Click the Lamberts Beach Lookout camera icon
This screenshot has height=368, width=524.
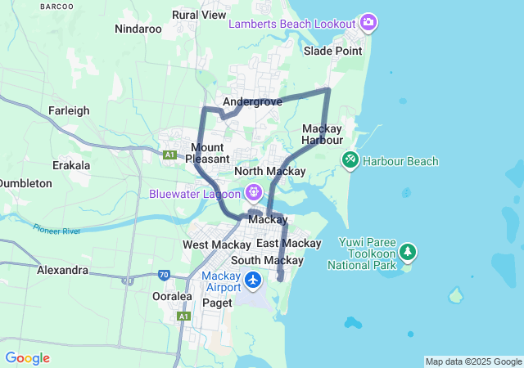[x=368, y=22]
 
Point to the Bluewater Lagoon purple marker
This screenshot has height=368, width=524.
[x=254, y=193]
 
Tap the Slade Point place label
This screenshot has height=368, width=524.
[x=332, y=51]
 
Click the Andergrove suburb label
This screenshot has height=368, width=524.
[x=252, y=102]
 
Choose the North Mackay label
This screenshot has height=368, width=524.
[x=269, y=171]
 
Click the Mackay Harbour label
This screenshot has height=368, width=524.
[x=322, y=134]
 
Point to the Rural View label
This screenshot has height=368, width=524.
[x=199, y=15]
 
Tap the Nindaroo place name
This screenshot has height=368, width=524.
[x=138, y=29]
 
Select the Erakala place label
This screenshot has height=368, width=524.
[x=70, y=165]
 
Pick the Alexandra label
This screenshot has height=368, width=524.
[x=62, y=270]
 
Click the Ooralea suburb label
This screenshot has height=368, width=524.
[x=172, y=296]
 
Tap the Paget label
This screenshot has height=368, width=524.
[x=217, y=303]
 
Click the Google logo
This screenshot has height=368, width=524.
[x=27, y=357]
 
